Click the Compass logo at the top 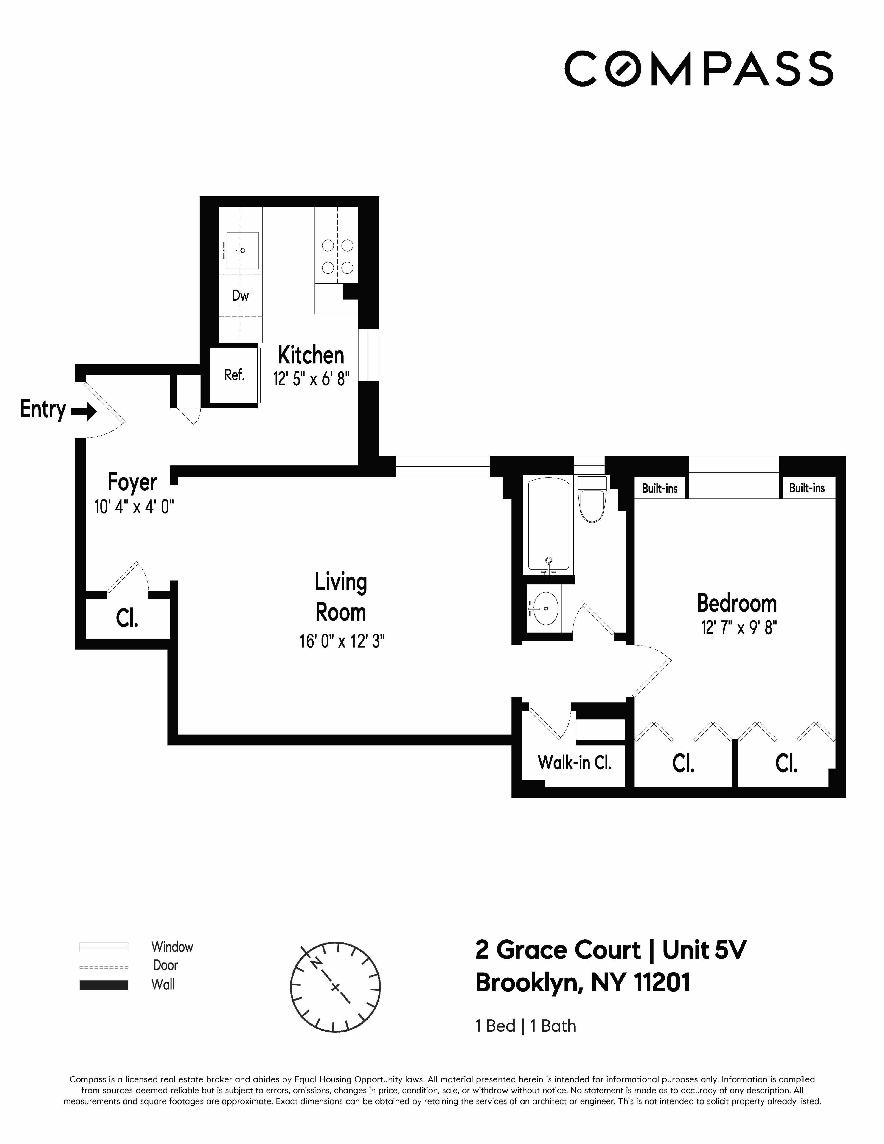699,69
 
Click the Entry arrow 84,412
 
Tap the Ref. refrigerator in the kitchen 234,375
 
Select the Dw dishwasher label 240,296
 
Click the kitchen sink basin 242,250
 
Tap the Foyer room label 132,482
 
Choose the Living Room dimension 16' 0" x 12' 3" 341,641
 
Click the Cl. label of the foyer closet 127,619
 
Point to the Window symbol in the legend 104,947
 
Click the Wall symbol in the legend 104,985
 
